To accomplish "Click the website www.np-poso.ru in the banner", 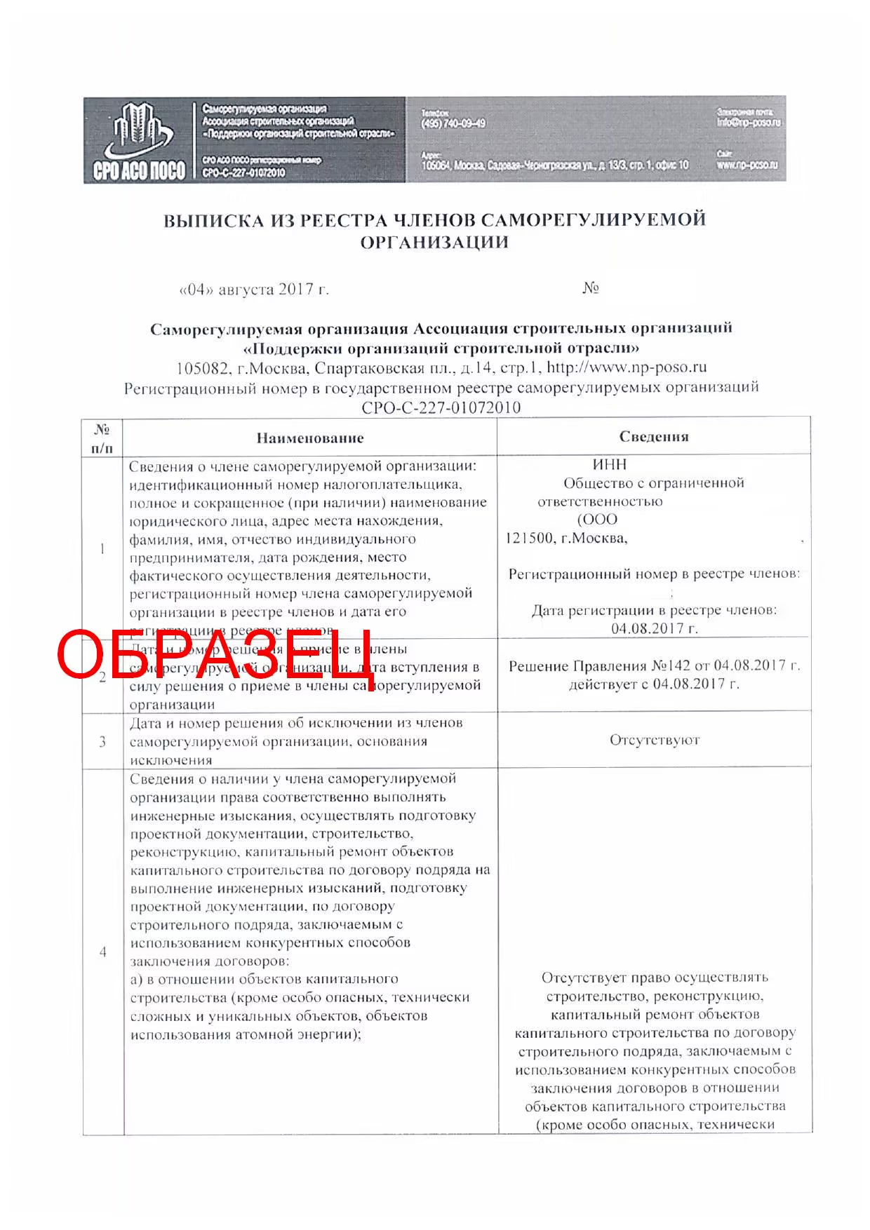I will [x=747, y=165].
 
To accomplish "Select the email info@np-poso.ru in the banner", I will [x=748, y=123].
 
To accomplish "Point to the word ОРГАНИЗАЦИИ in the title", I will [x=434, y=243].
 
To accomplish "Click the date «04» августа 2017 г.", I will [x=254, y=290].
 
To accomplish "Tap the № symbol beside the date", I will [x=590, y=288].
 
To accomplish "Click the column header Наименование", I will [x=310, y=438].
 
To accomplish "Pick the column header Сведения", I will [x=654, y=437].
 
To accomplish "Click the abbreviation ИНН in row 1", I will [x=610, y=464].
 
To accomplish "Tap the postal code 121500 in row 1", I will [x=527, y=539].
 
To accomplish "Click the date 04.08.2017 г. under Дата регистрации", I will [x=654, y=628].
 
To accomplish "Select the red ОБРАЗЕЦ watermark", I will [x=214, y=656].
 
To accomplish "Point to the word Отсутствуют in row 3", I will [x=655, y=741].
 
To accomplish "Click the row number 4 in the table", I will [x=103, y=952].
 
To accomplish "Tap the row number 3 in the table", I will [x=103, y=741].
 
